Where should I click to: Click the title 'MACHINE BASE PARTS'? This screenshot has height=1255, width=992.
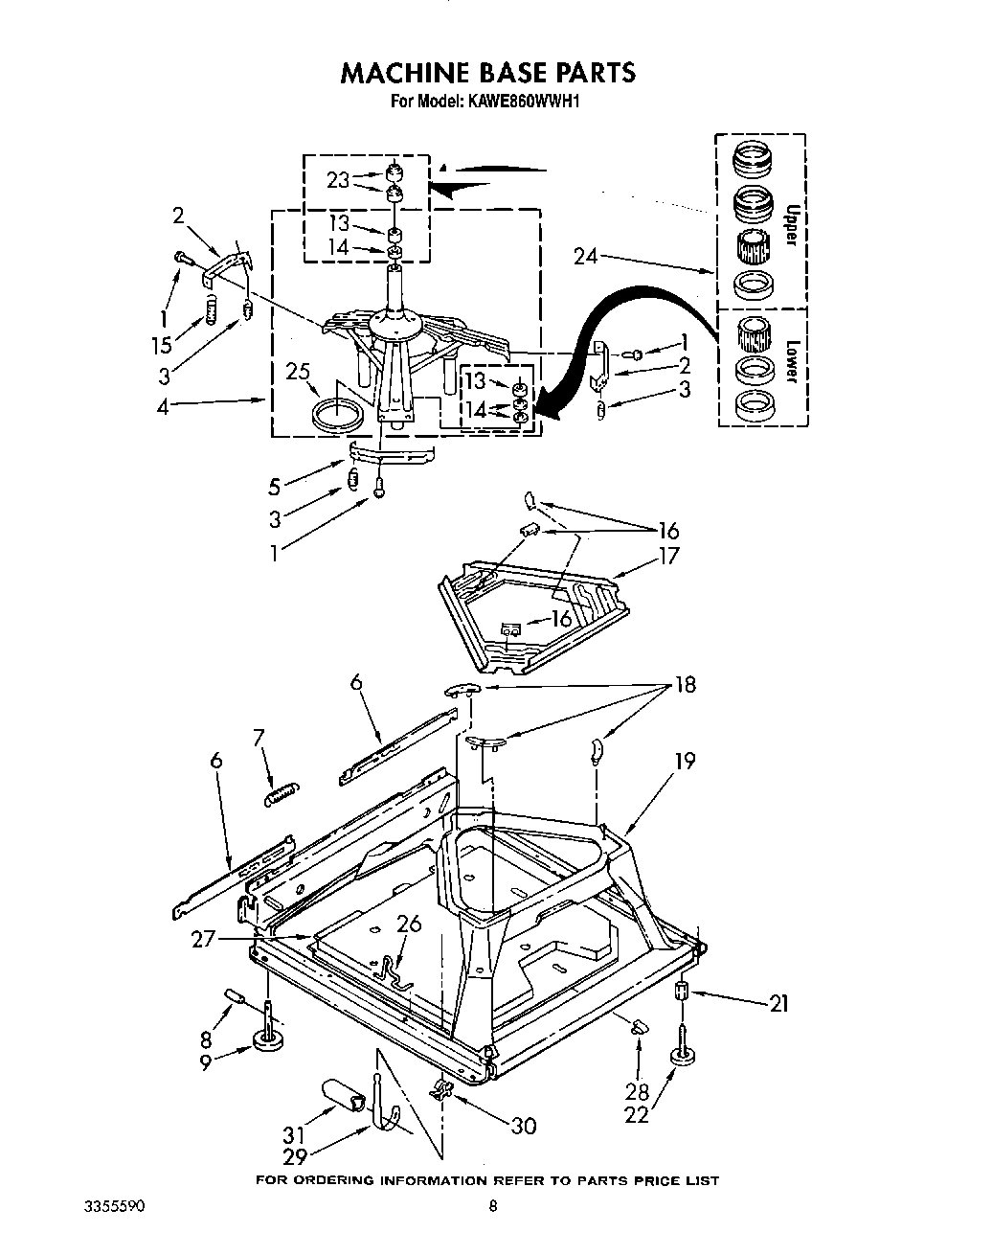tap(488, 72)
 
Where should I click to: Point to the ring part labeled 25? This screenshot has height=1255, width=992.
tap(340, 415)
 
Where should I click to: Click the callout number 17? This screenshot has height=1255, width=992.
tap(667, 556)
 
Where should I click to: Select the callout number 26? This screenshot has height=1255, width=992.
tap(409, 924)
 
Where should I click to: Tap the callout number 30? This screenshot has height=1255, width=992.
tap(523, 1126)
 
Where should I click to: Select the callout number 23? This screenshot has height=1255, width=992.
tap(338, 178)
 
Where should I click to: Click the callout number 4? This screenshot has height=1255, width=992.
tap(163, 406)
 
